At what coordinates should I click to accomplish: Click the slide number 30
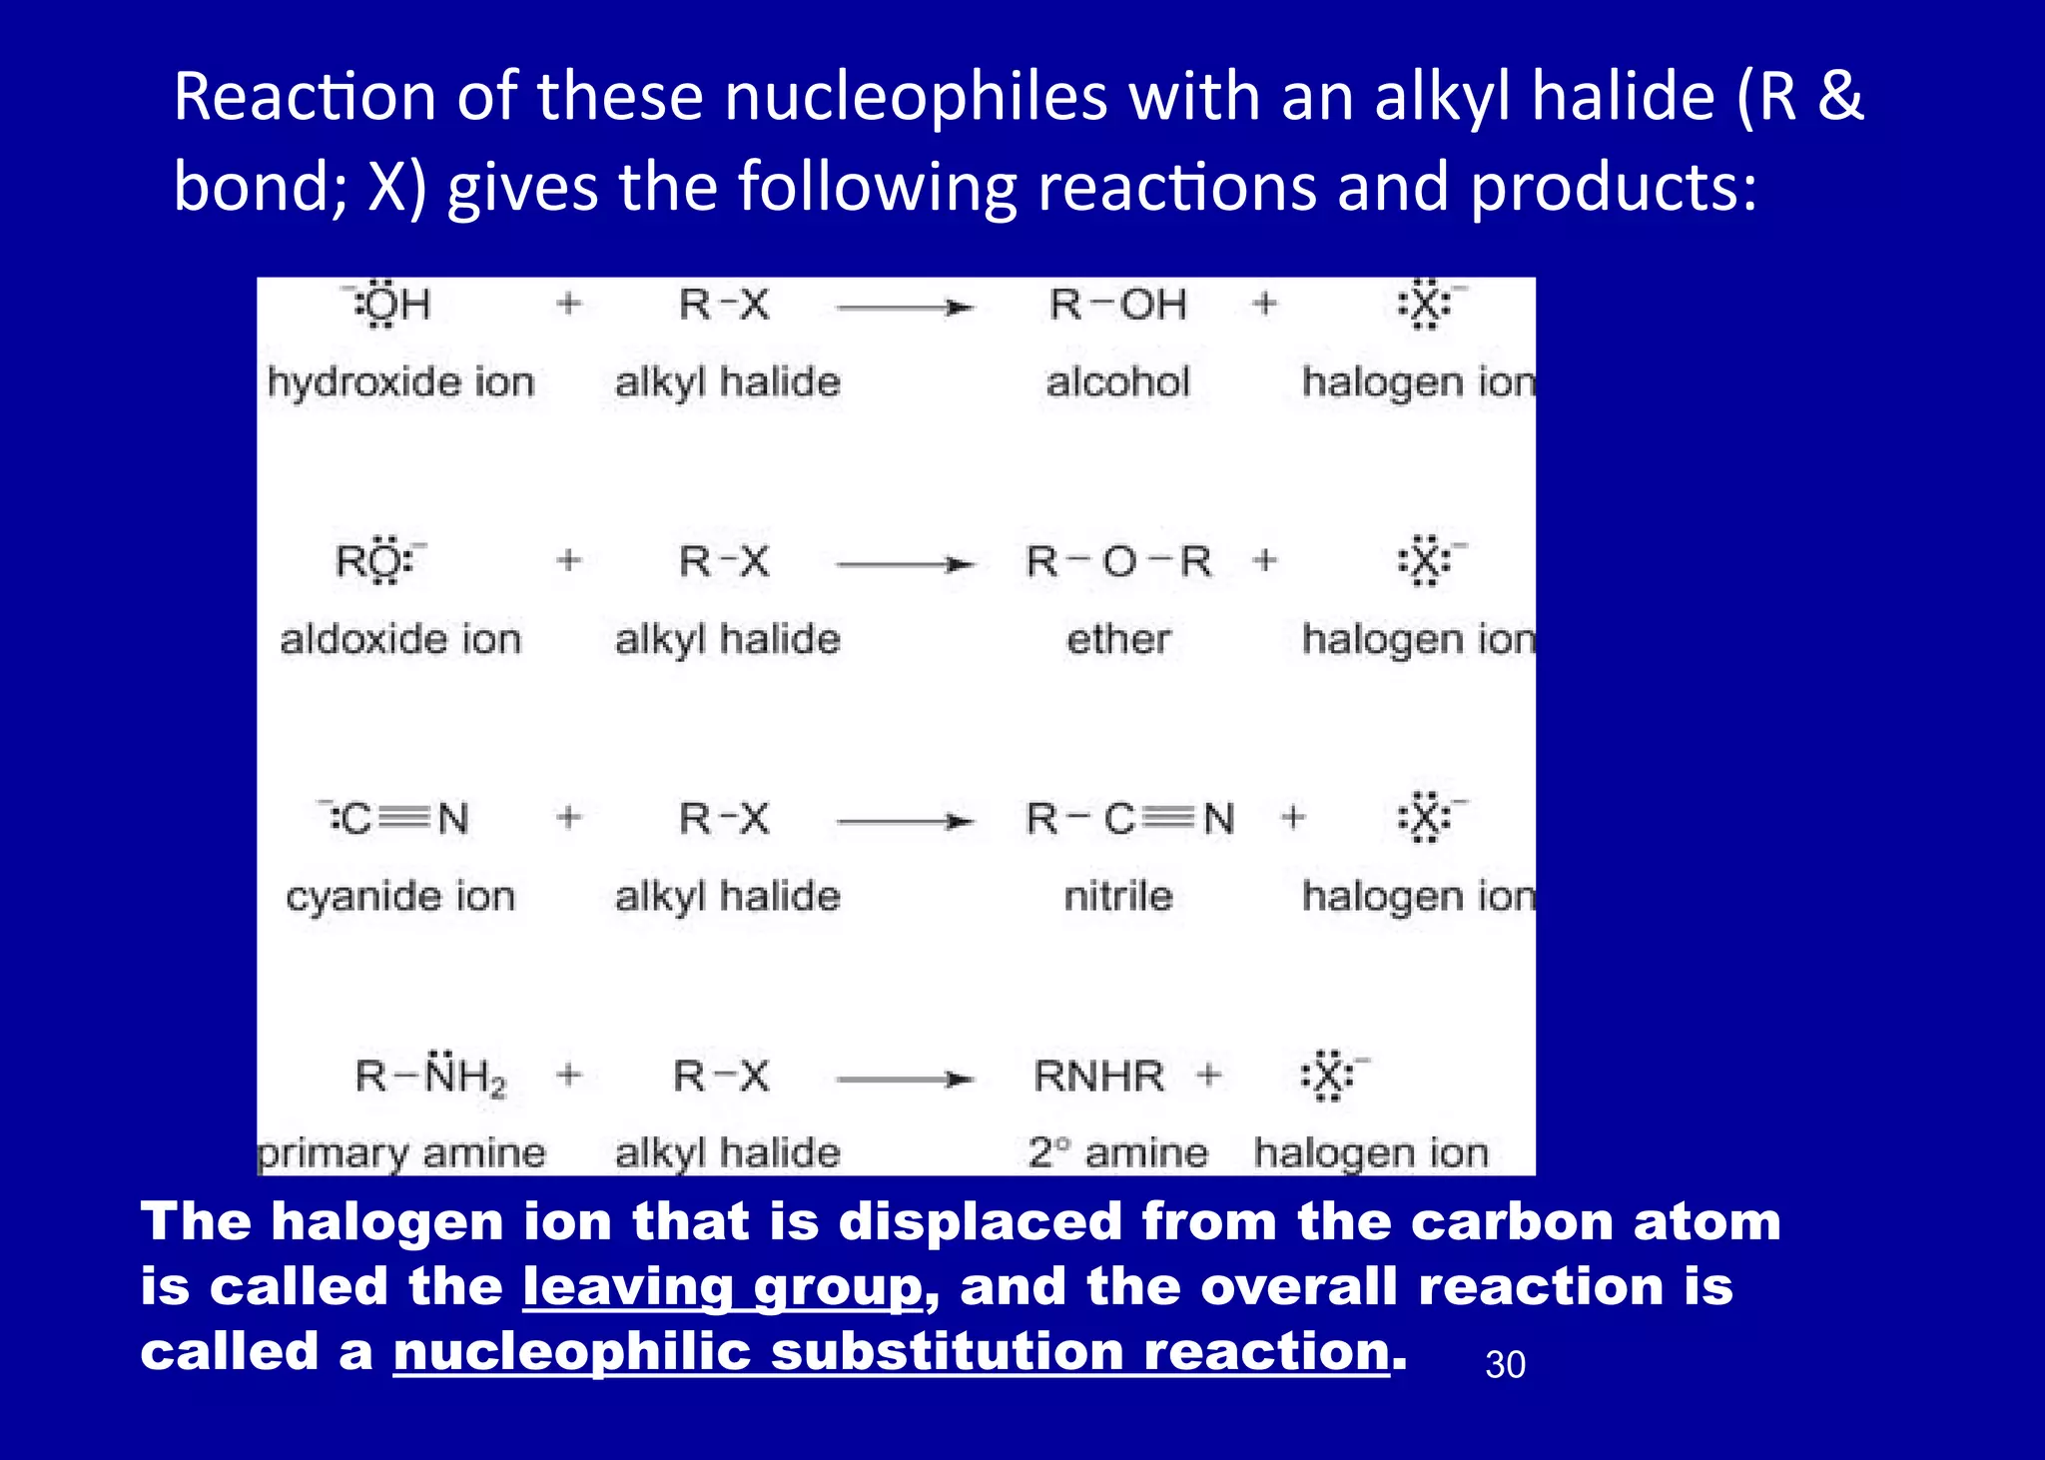[1505, 1365]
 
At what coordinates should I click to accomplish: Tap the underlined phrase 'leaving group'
[722, 1286]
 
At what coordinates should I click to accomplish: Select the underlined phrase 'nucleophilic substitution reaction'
[891, 1351]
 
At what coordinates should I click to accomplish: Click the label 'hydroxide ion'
[400, 382]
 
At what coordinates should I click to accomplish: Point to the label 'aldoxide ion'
[400, 639]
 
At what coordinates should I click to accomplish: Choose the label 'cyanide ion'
[400, 897]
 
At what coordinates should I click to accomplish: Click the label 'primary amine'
[401, 1153]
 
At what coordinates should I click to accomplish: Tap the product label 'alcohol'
[1117, 382]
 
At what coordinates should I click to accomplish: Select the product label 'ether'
[1118, 639]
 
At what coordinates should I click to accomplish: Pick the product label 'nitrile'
[1118, 897]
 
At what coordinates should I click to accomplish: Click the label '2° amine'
[1118, 1153]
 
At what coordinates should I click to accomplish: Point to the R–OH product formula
[1117, 305]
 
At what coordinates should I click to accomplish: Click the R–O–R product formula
[1118, 562]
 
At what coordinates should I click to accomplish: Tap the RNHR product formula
[1098, 1077]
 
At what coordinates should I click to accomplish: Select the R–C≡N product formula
[1130, 819]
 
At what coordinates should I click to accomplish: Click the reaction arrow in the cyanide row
[905, 822]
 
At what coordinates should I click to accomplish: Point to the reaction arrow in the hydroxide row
[905, 308]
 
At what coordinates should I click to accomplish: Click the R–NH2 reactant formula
[430, 1077]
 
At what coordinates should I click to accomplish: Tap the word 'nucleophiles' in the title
[916, 97]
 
